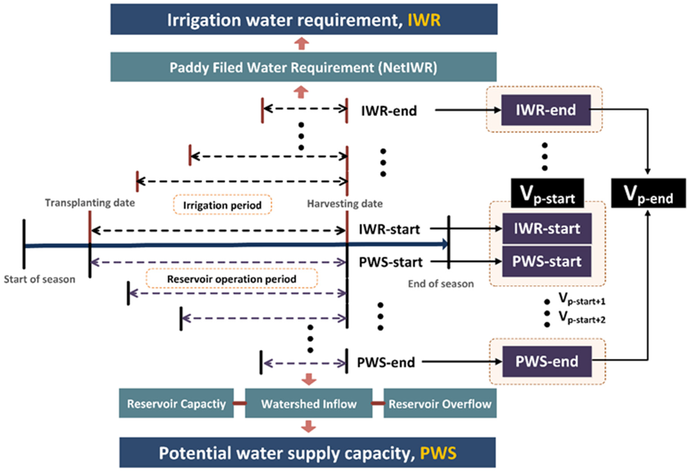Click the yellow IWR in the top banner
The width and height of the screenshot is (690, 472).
(x=424, y=20)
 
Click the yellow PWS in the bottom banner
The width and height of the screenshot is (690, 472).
(x=438, y=454)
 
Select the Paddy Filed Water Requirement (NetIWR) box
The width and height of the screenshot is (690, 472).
(x=303, y=67)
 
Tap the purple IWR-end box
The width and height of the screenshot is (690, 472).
(x=546, y=110)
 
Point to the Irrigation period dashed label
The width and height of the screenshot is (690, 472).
(x=222, y=205)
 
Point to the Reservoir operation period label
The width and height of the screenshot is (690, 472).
(x=231, y=279)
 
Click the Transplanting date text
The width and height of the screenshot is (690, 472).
(x=90, y=203)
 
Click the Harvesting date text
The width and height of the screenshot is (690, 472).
(x=345, y=204)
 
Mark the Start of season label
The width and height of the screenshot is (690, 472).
(x=40, y=279)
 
